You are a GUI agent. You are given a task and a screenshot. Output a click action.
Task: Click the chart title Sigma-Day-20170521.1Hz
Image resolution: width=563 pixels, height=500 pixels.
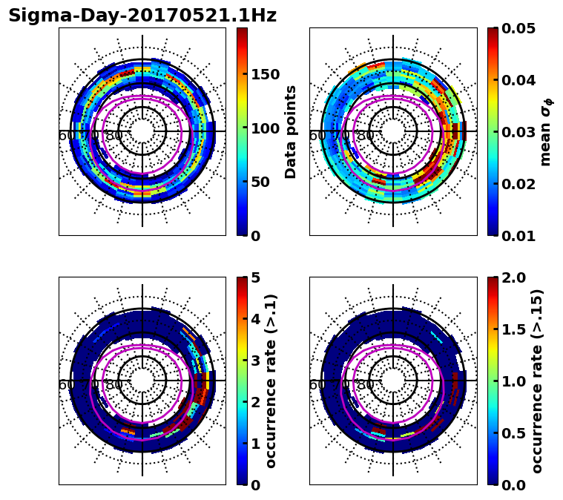coord(142,16)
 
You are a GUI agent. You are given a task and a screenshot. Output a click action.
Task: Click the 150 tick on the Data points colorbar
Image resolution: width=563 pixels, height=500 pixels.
coord(266,74)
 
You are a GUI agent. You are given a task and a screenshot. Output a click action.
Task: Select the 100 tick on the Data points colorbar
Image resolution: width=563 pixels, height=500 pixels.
coord(266,128)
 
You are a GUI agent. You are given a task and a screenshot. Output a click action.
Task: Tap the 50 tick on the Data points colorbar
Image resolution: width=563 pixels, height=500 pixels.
coord(260,182)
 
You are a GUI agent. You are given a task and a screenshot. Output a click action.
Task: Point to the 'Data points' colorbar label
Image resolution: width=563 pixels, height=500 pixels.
coord(291,131)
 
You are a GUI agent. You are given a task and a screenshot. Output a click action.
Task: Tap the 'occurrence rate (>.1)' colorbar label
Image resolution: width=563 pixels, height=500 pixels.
coord(271,381)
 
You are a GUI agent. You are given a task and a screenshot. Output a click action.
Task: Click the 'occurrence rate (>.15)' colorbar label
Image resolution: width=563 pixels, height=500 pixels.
coord(537,381)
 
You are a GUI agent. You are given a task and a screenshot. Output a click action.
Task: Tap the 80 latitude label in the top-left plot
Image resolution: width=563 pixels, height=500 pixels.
coord(114,136)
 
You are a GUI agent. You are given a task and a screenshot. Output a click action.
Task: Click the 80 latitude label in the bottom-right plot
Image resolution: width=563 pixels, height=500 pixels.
coord(365,385)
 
